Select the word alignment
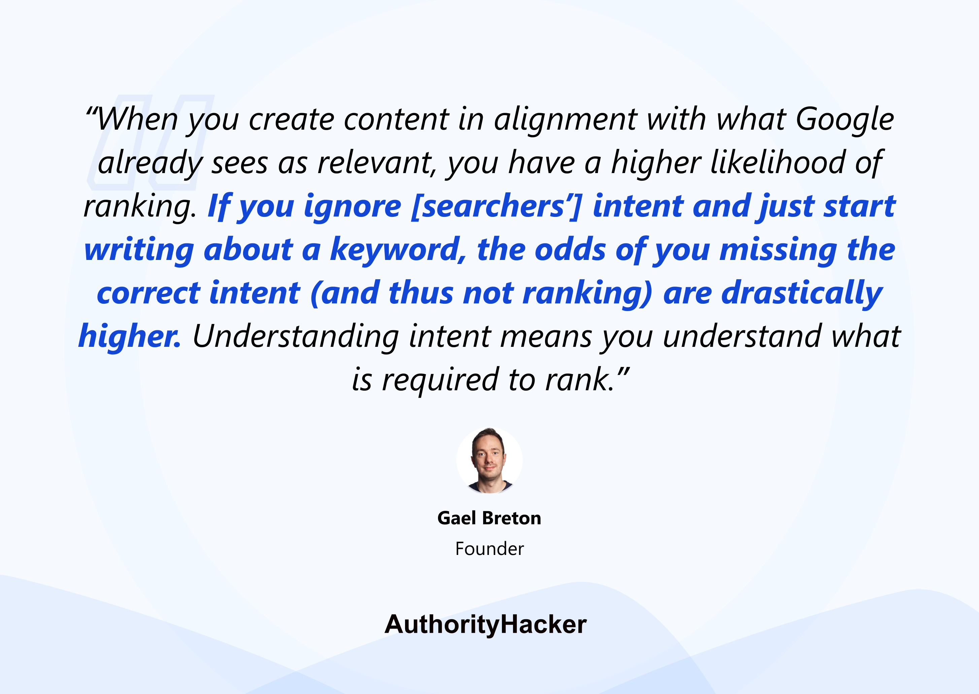click(566, 120)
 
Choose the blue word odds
click(570, 250)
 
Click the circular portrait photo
click(489, 460)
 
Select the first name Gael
click(456, 518)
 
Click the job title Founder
click(489, 549)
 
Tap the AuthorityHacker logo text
click(486, 625)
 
